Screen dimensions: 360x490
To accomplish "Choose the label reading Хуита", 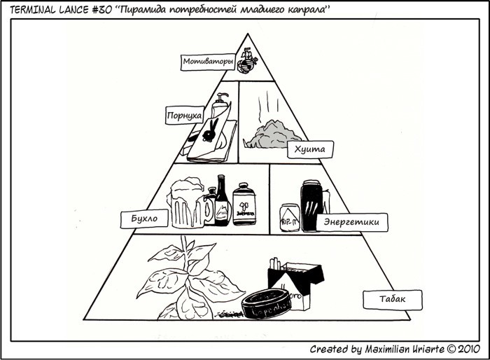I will [309, 149].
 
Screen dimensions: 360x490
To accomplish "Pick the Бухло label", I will [145, 219].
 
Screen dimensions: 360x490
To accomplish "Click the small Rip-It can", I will [290, 216].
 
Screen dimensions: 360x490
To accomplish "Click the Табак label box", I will [393, 300].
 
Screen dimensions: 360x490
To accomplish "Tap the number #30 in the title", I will [97, 10].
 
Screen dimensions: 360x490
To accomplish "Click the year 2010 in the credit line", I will [469, 348].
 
